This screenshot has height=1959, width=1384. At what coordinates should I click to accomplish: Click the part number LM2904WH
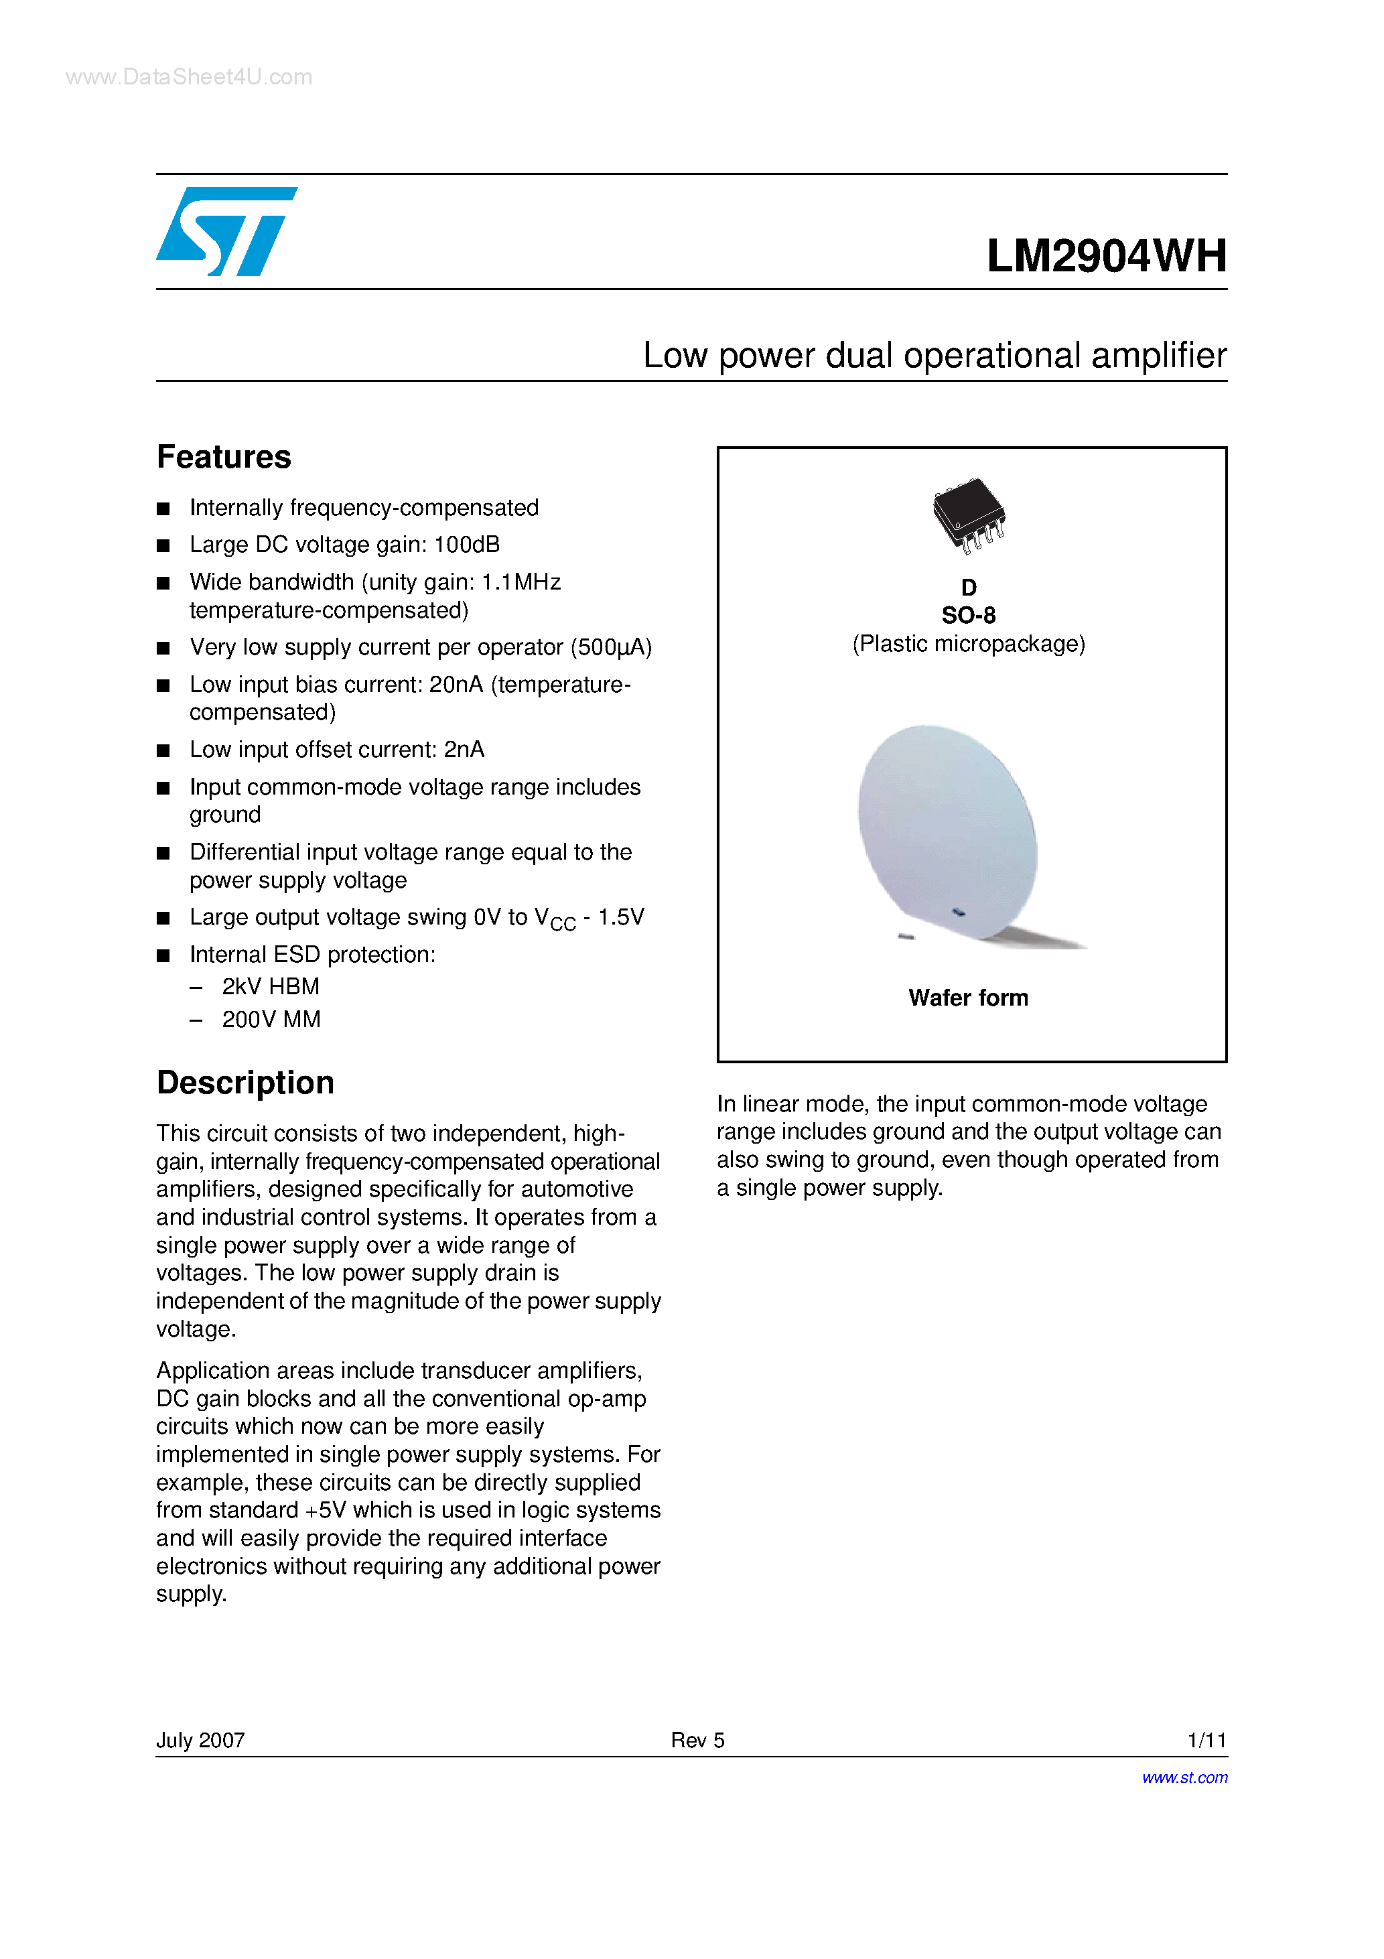coord(1106,255)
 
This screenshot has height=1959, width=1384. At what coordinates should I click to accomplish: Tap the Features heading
coord(224,458)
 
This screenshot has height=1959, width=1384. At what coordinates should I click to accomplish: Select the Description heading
coord(245,1083)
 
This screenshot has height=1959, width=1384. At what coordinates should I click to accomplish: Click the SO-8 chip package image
coord(969,515)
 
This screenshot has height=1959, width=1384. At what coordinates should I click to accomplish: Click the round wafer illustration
coord(948,832)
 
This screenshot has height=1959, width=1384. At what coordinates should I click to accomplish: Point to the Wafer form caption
coord(967,998)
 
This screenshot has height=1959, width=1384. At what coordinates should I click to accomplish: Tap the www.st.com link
coord(1184,1777)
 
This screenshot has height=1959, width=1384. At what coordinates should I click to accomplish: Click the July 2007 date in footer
coord(200,1740)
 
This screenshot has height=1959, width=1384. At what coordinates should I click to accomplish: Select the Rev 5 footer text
coord(697,1740)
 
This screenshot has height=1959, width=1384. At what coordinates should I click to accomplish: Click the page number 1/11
coord(1206,1740)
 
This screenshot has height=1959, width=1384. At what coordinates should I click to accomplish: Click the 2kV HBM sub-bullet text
coord(271,986)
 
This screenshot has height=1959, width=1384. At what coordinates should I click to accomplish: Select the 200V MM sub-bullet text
coord(271,1019)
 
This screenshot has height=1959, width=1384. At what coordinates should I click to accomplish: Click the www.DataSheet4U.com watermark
coord(188,77)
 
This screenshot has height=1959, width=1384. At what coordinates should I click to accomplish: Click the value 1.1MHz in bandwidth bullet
coord(521,582)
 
